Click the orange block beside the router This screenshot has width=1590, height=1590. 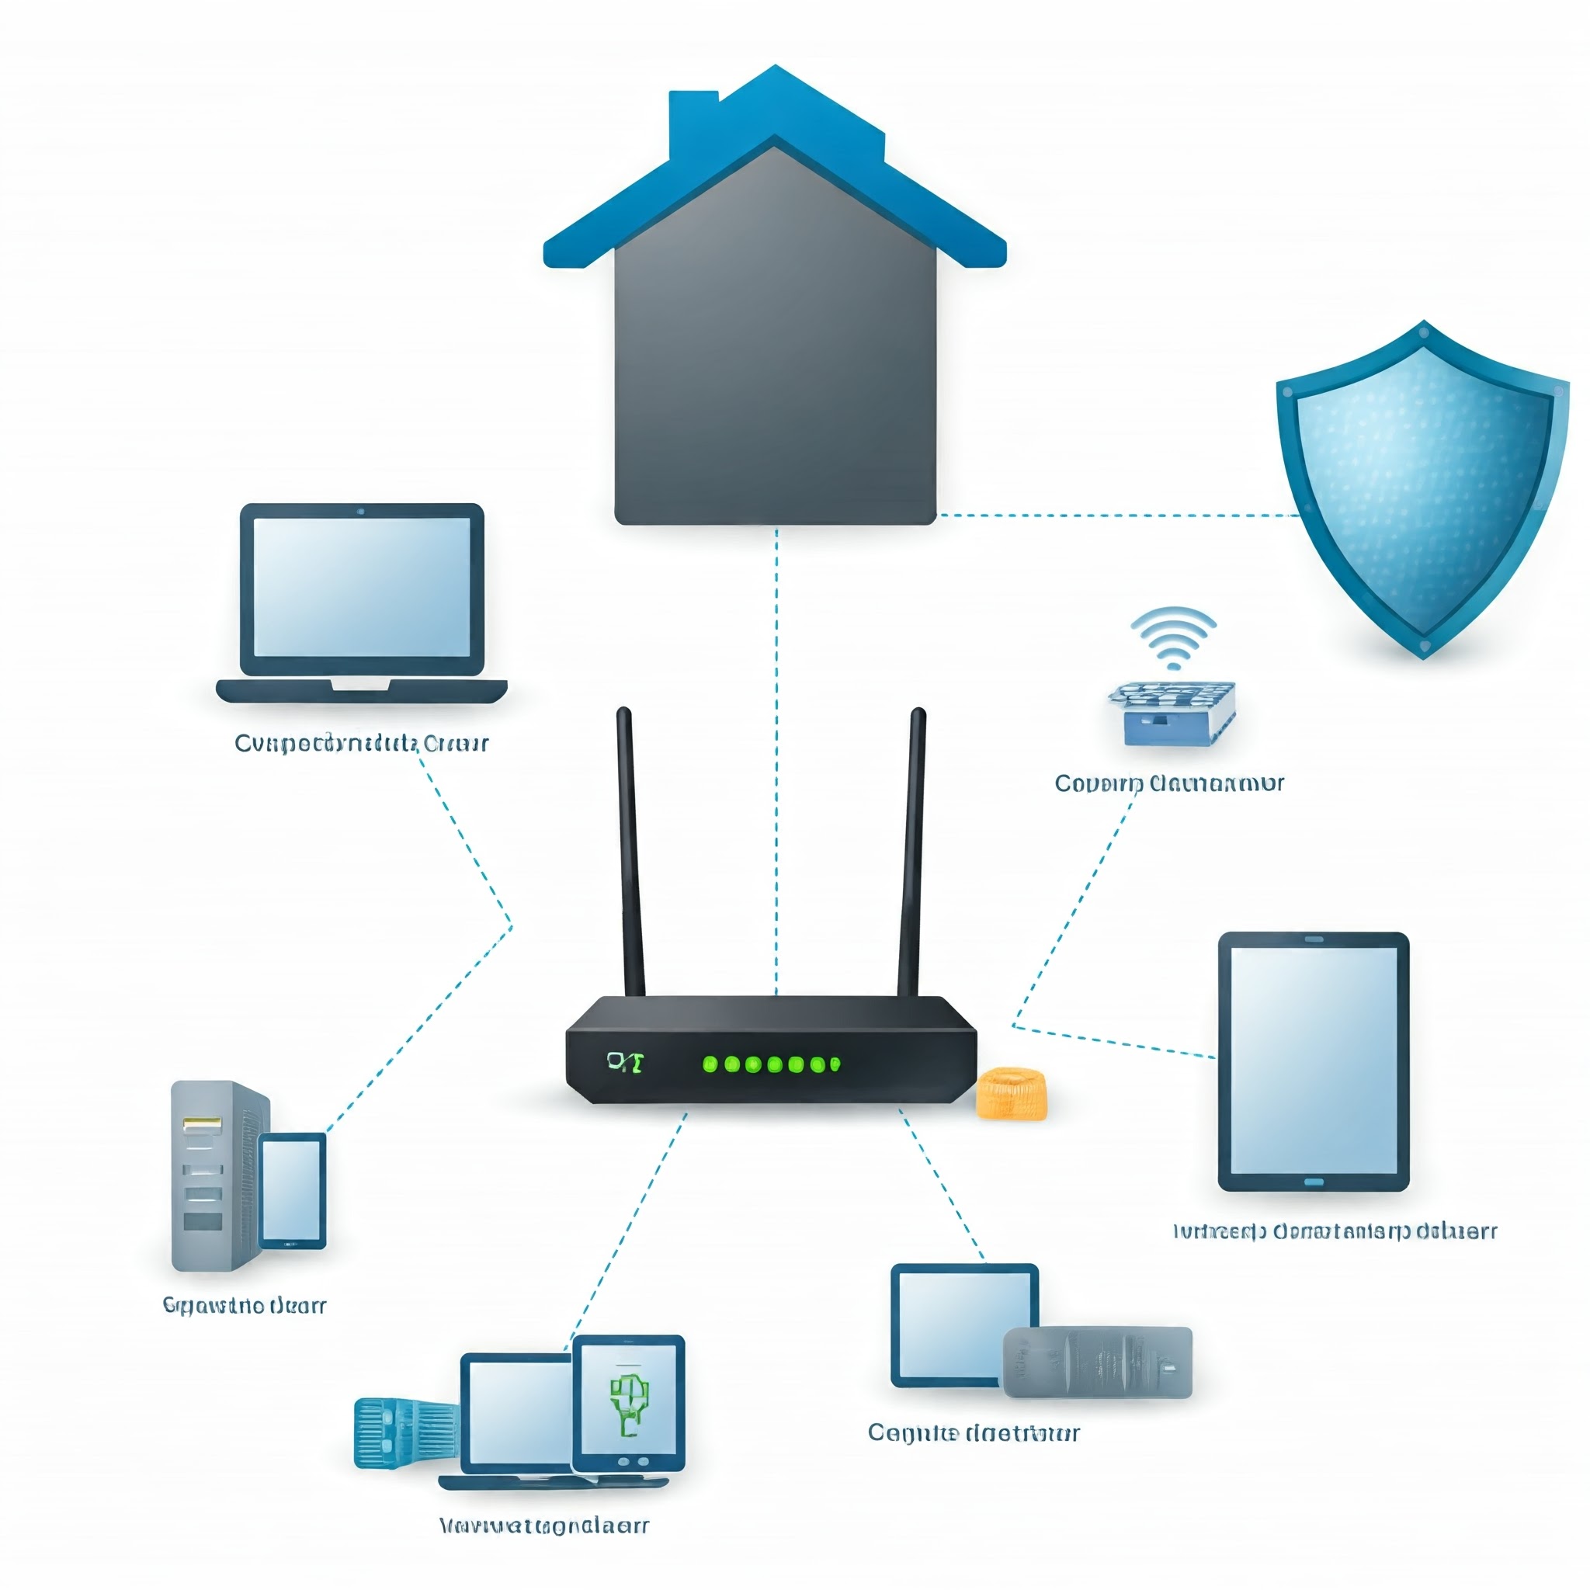click(x=1012, y=1094)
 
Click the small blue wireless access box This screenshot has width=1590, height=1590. click(x=1171, y=713)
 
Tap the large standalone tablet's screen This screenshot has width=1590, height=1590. click(x=1314, y=1061)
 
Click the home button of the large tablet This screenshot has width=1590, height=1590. click(x=1314, y=1182)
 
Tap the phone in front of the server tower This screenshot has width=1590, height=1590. click(x=292, y=1190)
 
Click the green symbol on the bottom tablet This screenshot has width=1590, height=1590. click(x=629, y=1404)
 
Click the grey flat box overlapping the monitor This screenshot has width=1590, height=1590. click(x=1098, y=1362)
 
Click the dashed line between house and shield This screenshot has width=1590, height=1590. click(x=1120, y=516)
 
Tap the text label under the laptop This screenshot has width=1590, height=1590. click(x=361, y=743)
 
